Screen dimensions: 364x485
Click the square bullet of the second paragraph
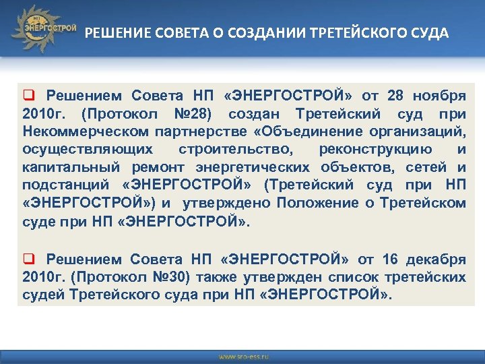(x=29, y=259)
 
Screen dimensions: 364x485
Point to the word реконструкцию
(x=378, y=148)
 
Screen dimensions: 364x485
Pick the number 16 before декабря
(x=390, y=260)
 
